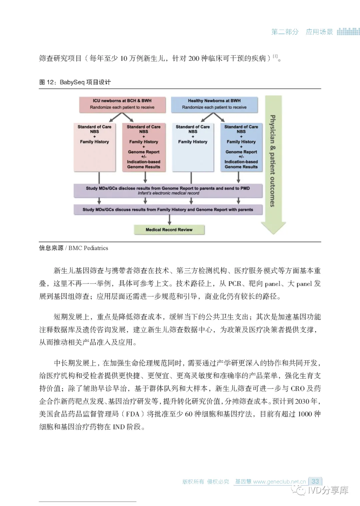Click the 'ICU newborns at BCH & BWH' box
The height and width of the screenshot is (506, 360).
[x=122, y=104]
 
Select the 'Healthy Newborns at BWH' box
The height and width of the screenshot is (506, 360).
[x=214, y=104]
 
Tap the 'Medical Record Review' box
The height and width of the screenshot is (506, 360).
[x=169, y=230]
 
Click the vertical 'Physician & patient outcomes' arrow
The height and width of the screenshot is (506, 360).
[x=273, y=163]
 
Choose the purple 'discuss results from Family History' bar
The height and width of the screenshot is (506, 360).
[x=168, y=210]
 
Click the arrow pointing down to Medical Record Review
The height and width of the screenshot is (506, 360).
[x=170, y=219]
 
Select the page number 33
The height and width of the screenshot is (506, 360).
[x=315, y=481]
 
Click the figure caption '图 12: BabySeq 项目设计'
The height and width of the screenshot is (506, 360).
[x=75, y=82]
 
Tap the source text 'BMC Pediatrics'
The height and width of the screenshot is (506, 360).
[x=88, y=248]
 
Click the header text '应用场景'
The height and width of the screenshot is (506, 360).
[x=319, y=32]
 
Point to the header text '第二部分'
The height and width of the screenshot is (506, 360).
[x=285, y=32]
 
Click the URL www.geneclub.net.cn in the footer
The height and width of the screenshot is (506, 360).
[x=279, y=482]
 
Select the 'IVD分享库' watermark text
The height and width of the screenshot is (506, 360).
[x=328, y=490]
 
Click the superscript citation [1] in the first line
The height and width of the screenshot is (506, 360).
[x=275, y=56]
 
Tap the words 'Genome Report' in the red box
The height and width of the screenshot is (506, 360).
[x=144, y=152]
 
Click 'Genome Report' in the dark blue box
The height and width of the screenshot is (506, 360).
[x=241, y=152]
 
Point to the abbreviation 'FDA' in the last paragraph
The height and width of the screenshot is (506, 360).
[x=133, y=414]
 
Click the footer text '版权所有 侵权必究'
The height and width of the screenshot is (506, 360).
[x=206, y=482]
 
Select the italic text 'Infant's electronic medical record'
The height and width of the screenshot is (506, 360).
[x=168, y=193]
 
